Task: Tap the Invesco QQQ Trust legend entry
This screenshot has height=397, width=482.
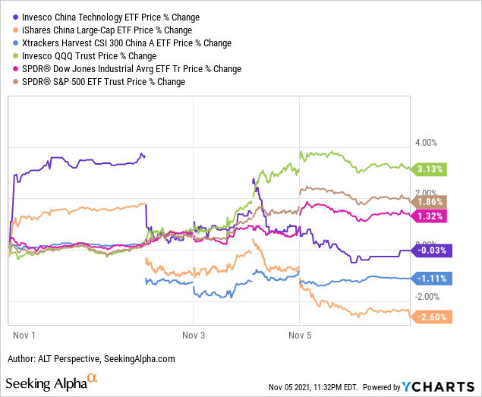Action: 84,56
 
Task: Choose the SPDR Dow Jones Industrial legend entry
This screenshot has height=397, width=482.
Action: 124,69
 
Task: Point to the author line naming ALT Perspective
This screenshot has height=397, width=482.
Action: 91,359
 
